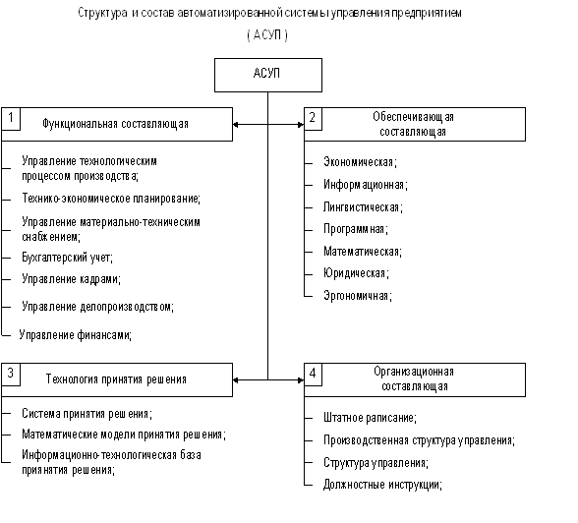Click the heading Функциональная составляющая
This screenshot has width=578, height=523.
click(115, 124)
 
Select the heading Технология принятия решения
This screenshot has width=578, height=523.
click(116, 378)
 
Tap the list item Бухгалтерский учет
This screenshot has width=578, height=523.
click(67, 257)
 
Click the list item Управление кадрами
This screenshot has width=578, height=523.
click(71, 278)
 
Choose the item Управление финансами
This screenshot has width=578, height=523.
click(75, 334)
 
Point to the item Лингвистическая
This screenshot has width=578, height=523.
click(363, 207)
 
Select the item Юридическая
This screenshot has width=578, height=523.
click(356, 273)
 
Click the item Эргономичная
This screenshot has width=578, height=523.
click(358, 296)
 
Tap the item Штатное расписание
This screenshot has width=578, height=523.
click(370, 418)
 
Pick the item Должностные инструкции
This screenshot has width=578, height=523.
click(382, 485)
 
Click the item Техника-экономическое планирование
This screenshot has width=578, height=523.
click(111, 199)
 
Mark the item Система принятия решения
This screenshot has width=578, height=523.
click(87, 414)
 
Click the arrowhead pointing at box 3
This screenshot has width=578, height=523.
click(236, 380)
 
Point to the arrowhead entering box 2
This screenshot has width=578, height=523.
click(301, 125)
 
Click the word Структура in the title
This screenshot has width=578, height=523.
click(102, 13)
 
